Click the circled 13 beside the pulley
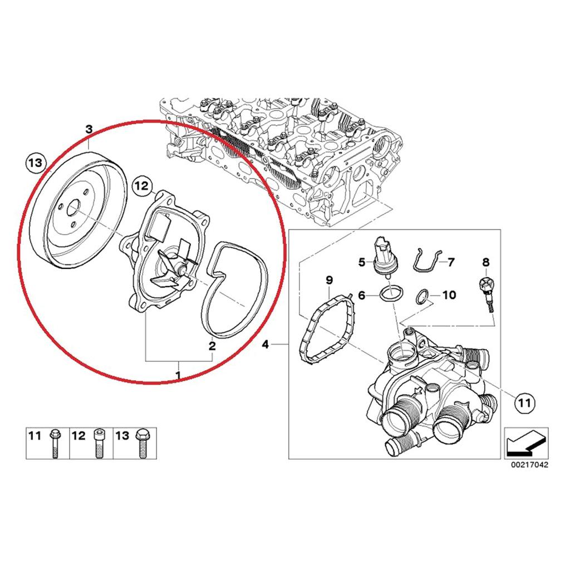34,163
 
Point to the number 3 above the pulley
89,129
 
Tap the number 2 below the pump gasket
212,346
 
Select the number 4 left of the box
266,346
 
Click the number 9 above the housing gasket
328,278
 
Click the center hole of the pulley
73,212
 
